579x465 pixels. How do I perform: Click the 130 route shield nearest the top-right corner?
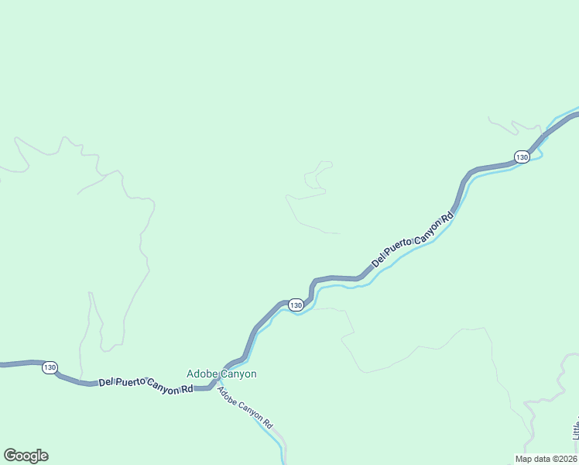pyautogui.click(x=522, y=157)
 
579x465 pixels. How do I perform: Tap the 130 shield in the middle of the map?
pyautogui.click(x=296, y=305)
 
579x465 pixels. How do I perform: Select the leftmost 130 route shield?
pyautogui.click(x=50, y=367)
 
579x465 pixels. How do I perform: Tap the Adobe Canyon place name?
pyautogui.click(x=221, y=374)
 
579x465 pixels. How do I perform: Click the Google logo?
pyautogui.click(x=26, y=456)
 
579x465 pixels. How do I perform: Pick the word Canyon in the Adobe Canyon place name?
pyautogui.click(x=238, y=374)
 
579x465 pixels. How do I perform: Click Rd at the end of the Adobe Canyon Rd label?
pyautogui.click(x=268, y=425)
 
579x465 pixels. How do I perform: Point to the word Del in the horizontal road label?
pyautogui.click(x=106, y=383)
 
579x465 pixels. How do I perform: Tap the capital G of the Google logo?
pyautogui.click(x=9, y=455)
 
